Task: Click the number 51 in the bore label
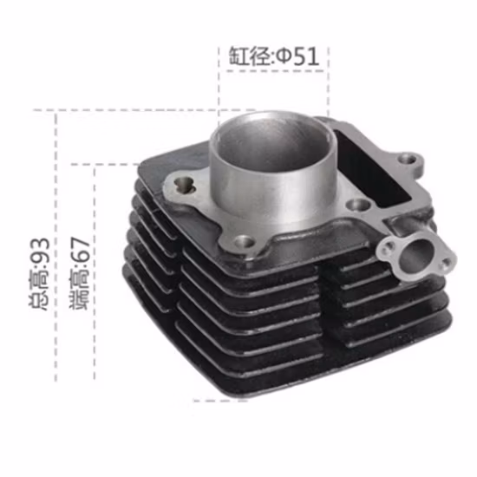coord(306,56)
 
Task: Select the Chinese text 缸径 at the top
coord(250,56)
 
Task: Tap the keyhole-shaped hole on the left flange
coord(185,185)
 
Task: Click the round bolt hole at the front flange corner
coord(244,243)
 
